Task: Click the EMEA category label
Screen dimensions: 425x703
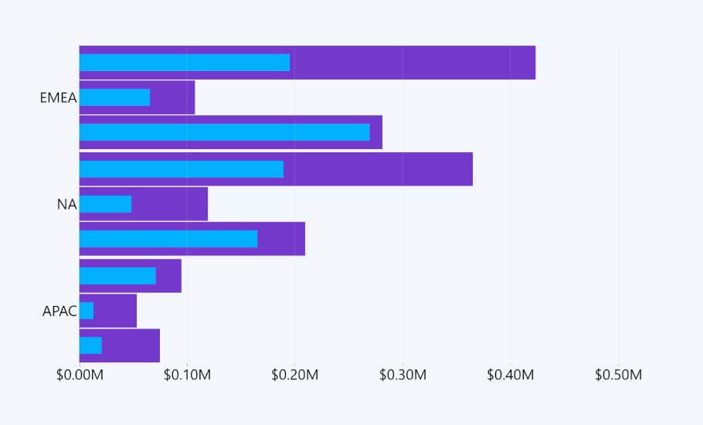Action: pos(58,98)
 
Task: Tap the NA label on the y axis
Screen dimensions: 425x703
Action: pos(66,205)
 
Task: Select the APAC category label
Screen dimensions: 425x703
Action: pos(59,311)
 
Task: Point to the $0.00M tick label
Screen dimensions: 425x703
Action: pos(80,375)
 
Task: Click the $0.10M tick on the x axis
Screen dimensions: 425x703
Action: pos(187,375)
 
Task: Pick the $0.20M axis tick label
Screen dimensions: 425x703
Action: pos(295,375)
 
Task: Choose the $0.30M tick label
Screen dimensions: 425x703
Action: pos(402,375)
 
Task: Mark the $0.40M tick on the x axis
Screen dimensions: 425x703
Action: pos(511,375)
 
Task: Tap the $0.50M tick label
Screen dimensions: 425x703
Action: pos(618,375)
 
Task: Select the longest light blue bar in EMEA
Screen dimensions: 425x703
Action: pos(224,133)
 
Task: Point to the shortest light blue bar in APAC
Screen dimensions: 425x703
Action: pos(87,311)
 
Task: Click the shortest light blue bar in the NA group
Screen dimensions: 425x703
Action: pos(105,204)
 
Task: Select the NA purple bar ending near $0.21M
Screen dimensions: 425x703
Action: pos(282,239)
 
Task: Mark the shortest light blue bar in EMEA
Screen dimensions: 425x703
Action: pos(114,97)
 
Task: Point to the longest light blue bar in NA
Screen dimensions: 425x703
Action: pos(181,169)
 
